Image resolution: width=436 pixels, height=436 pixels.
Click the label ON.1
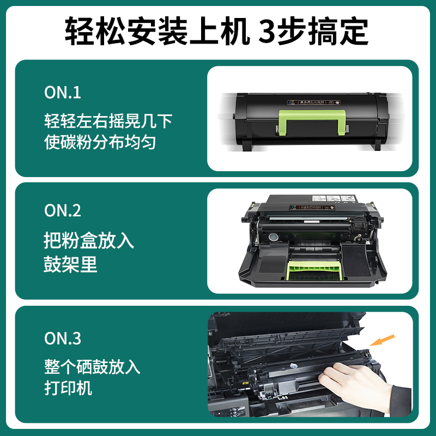click(63, 93)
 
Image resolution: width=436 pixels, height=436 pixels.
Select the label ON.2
click(63, 211)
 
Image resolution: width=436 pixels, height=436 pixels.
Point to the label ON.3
click(63, 338)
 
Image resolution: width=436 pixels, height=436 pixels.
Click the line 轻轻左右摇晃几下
click(108, 120)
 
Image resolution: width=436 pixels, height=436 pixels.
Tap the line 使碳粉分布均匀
click(100, 142)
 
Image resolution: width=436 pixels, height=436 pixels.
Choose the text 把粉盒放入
click(89, 241)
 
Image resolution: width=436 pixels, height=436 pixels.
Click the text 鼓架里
click(70, 264)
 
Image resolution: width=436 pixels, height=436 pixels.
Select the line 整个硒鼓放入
click(92, 366)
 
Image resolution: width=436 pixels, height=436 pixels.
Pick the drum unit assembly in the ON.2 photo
click(310, 240)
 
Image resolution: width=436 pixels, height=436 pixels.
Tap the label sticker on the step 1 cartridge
click(313, 101)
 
